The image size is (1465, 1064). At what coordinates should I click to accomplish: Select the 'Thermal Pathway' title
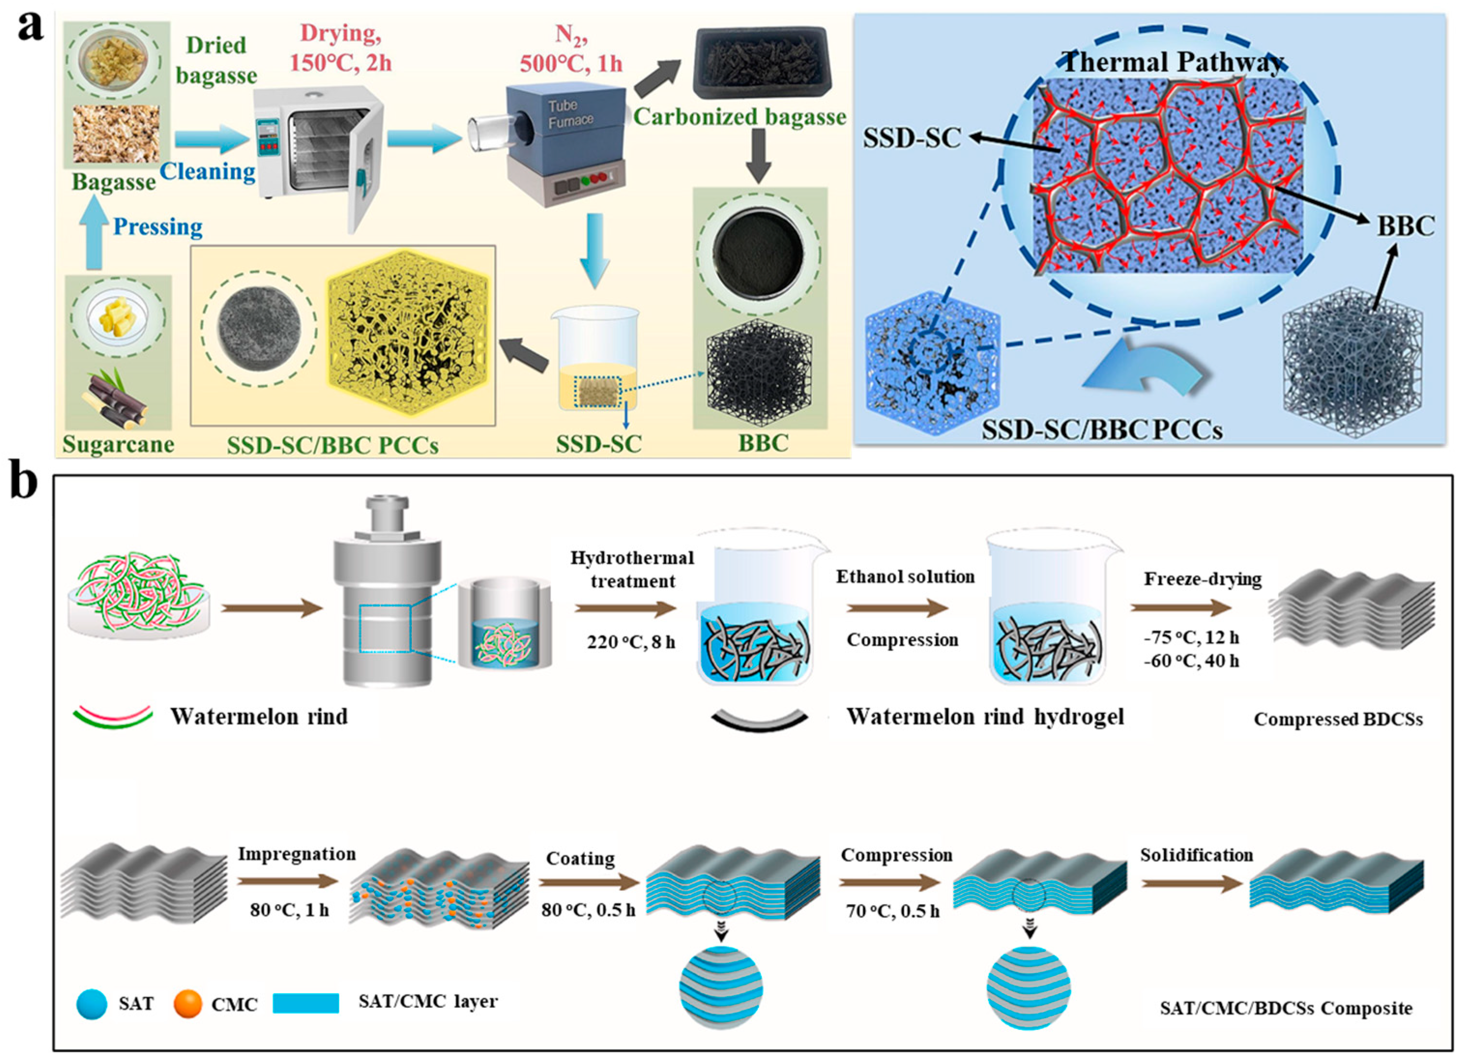pos(1172,63)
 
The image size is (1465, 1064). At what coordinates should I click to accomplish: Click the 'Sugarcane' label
pos(118,444)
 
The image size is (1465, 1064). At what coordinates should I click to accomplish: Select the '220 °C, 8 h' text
pos(631,642)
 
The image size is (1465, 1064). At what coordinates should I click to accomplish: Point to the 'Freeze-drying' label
pos(1202,578)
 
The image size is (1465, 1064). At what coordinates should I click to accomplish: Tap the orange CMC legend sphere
pos(188,1003)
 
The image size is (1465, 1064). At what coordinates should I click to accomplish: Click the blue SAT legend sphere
pos(92,1003)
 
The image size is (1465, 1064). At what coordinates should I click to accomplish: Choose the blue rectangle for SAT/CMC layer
pos(306,1003)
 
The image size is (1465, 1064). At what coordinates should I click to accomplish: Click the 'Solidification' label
pos(1196,855)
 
